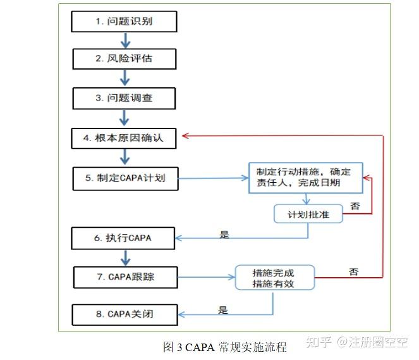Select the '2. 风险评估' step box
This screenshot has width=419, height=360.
(124, 59)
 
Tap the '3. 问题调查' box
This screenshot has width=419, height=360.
(124, 98)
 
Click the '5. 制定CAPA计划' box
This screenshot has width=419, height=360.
(124, 178)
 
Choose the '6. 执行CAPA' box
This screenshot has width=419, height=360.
(124, 238)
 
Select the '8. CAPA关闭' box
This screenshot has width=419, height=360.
(124, 314)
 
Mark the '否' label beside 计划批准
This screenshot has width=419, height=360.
(355, 206)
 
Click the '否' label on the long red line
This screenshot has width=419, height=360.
(354, 272)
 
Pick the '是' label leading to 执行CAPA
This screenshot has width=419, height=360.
(224, 234)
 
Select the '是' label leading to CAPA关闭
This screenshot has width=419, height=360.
(222, 310)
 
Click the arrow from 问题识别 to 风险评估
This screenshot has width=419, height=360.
(124, 40)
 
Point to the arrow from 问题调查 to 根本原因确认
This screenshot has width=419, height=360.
(124, 117)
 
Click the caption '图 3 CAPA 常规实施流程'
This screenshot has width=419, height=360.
(225, 347)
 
